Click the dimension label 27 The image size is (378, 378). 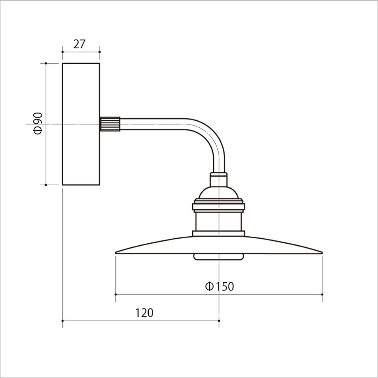pyautogui.click(x=79, y=44)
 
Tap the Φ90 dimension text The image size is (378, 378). pyautogui.click(x=38, y=123)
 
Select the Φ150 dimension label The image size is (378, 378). pyautogui.click(x=219, y=286)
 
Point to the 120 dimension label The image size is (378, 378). pyautogui.click(x=144, y=313)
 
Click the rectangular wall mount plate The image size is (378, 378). pyautogui.click(x=81, y=124)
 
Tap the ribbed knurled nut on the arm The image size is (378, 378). pyautogui.click(x=110, y=124)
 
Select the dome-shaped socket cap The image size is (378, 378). pyautogui.click(x=219, y=193)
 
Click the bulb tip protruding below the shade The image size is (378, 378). pyautogui.click(x=219, y=257)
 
